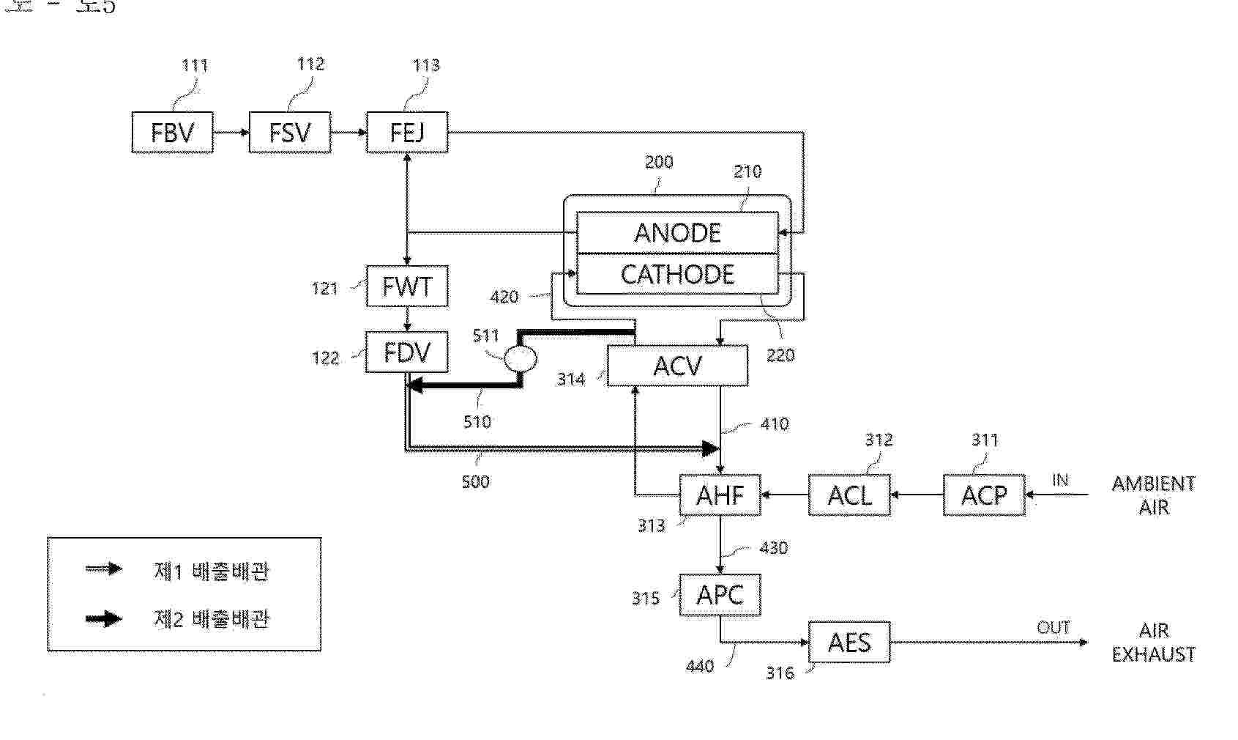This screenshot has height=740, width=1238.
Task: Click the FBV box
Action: pos(172,133)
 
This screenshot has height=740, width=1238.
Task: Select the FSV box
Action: pos(290,133)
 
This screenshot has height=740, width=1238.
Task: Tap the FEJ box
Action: pos(407,133)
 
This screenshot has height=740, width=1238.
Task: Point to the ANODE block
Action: pos(677,233)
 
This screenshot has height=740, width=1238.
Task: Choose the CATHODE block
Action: pos(677,275)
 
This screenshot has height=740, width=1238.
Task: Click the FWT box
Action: pos(407,286)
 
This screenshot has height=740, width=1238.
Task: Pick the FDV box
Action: pos(407,352)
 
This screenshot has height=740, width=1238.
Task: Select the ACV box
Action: pos(677,366)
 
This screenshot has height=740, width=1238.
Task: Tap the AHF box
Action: pos(720,495)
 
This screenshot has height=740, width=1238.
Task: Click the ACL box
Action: pos(849,495)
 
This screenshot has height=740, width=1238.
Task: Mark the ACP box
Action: pos(984,495)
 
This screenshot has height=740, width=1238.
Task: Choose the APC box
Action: pos(720,595)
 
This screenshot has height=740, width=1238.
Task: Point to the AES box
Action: pos(849,643)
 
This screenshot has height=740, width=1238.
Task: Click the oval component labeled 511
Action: pos(521,358)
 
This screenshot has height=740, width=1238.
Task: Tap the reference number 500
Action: pos(475,481)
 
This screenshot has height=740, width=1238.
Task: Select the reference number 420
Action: pos(504,297)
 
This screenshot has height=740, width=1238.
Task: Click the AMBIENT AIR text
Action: pos(1153,495)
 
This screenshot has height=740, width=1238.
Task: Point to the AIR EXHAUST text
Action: pos(1153,643)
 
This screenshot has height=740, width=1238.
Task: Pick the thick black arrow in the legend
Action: pos(104,619)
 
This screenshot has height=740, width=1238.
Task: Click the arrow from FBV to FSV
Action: pos(231,133)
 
